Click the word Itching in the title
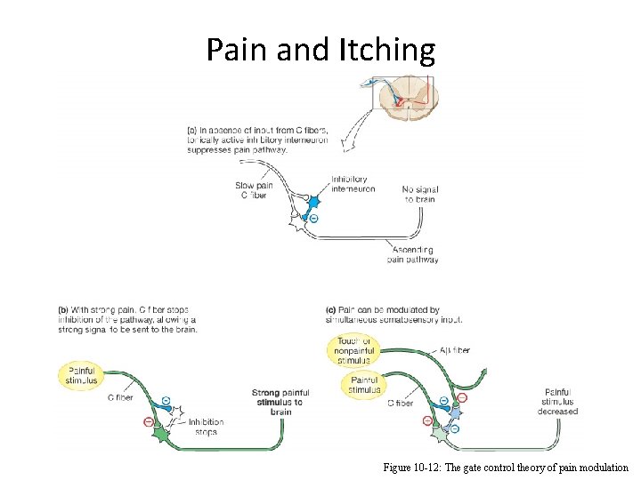point(387,50)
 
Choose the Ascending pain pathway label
point(413,255)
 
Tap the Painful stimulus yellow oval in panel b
point(78,376)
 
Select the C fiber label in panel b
point(120,398)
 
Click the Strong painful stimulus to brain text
point(280,403)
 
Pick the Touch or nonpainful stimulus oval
point(354,351)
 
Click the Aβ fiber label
point(454,350)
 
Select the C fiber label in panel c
point(400,403)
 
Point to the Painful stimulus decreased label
point(557,401)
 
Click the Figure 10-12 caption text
point(505,467)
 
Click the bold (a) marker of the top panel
point(192,131)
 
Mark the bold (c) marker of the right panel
point(332,310)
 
